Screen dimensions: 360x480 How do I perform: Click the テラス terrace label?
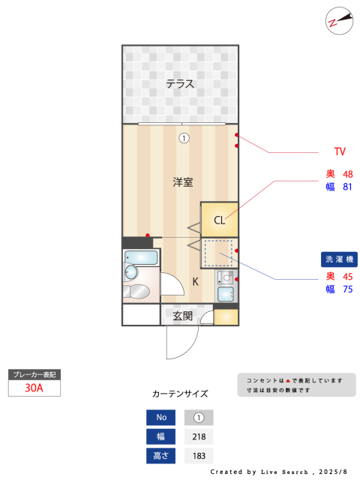pos(180,83)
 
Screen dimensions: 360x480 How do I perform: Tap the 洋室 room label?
pos(183,182)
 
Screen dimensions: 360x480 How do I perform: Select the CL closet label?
pos(219,220)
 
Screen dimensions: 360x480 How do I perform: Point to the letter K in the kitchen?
pos(195,281)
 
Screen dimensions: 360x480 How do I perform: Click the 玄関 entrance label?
pos(183,316)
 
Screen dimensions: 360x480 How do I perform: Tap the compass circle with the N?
pos(339,21)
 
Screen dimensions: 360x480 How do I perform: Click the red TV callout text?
pos(340,151)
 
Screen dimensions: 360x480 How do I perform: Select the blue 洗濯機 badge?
pos(339,259)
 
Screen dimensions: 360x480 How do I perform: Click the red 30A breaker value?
pos(34,388)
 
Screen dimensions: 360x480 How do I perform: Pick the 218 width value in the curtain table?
pos(199,436)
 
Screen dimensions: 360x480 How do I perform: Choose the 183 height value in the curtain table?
pos(199,456)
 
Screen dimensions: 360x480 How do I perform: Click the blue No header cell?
pos(160,417)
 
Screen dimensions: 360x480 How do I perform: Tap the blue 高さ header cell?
pos(160,456)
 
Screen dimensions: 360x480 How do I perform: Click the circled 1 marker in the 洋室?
pos(184,138)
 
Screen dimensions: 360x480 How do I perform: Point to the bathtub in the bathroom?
pos(141,257)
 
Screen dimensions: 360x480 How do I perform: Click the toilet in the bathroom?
pos(136,291)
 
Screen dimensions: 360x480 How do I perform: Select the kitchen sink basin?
pos(226,295)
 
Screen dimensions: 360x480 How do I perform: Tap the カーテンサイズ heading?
pos(180,394)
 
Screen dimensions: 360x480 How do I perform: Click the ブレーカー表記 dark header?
pos(34,375)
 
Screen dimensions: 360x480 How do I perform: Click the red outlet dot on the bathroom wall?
pos(148,235)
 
